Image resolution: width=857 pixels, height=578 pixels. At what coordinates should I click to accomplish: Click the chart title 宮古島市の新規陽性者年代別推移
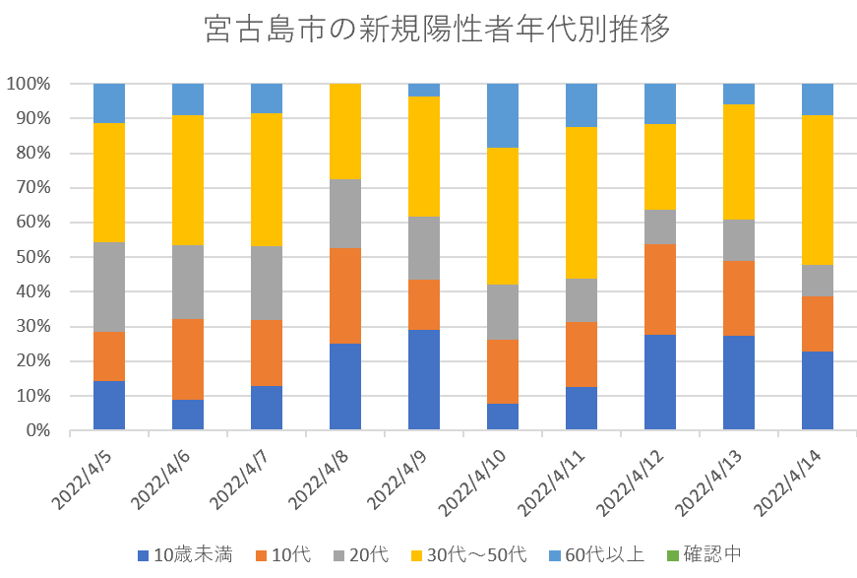click(x=438, y=30)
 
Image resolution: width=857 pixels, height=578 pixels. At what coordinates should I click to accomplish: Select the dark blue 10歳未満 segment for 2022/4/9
click(x=424, y=379)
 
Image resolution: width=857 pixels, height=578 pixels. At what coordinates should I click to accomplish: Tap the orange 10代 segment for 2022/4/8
click(x=345, y=295)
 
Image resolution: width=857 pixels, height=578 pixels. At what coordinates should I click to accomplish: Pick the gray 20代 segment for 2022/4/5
click(x=109, y=287)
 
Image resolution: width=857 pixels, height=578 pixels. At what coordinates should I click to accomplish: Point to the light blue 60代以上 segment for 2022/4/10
click(x=503, y=115)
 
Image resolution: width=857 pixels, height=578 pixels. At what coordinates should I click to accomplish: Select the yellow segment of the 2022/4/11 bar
click(x=582, y=203)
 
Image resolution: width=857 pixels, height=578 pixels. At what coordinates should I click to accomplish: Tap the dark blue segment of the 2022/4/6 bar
click(x=188, y=414)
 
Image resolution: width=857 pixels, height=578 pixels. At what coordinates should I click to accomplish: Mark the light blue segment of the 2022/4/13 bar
click(x=739, y=94)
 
